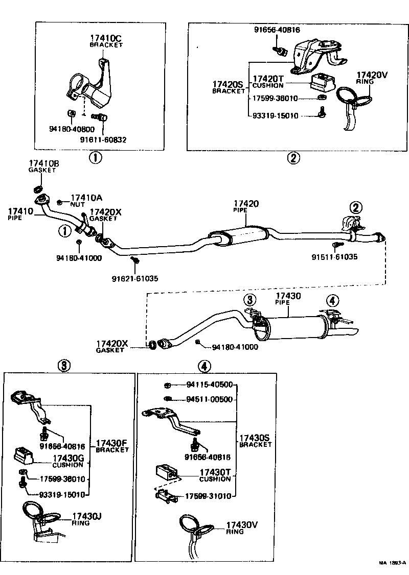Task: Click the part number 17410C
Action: tap(106, 38)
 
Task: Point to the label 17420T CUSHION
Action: tap(268, 82)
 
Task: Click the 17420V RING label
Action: tap(372, 77)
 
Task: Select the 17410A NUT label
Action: tap(86, 200)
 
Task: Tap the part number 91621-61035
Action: tap(135, 278)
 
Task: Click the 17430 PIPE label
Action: tap(288, 299)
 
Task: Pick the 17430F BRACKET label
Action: tap(112, 446)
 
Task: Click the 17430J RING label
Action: tap(86, 518)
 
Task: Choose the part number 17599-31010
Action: tap(208, 496)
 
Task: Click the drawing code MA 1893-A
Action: tap(392, 563)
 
